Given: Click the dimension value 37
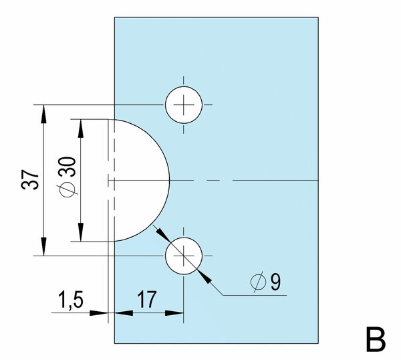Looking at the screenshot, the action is [30, 179].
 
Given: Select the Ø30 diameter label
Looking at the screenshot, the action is [68, 177].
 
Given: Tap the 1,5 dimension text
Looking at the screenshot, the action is [71, 300].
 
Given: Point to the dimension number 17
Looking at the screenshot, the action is [146, 300].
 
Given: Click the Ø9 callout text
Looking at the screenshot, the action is [265, 282].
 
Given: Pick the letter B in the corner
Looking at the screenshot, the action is [376, 339].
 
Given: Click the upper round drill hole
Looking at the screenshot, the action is [184, 105].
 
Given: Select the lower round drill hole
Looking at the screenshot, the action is [184, 256].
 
